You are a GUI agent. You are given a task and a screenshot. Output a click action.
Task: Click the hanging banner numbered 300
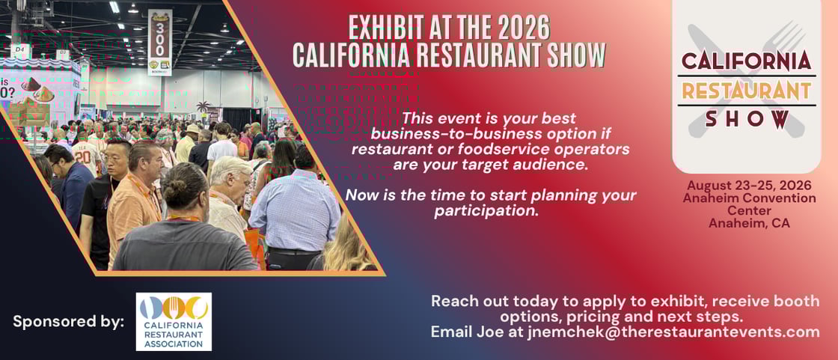(x=159, y=42)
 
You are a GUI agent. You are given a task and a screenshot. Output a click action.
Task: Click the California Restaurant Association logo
(x=174, y=322)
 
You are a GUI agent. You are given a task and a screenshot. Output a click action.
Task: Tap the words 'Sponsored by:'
(x=68, y=322)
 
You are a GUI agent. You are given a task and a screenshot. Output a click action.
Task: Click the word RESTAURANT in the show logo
(x=746, y=91)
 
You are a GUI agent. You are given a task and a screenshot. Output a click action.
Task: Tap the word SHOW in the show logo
(x=747, y=119)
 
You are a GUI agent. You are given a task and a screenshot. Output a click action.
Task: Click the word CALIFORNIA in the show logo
(x=746, y=61)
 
